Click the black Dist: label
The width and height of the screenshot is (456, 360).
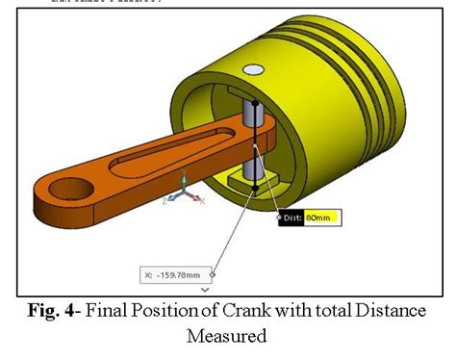pyautogui.click(x=291, y=219)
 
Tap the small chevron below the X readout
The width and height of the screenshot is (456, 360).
pyautogui.click(x=205, y=288)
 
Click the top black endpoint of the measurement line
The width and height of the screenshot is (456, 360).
pyautogui.click(x=255, y=103)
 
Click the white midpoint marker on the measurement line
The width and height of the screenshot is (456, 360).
pyautogui.click(x=255, y=147)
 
